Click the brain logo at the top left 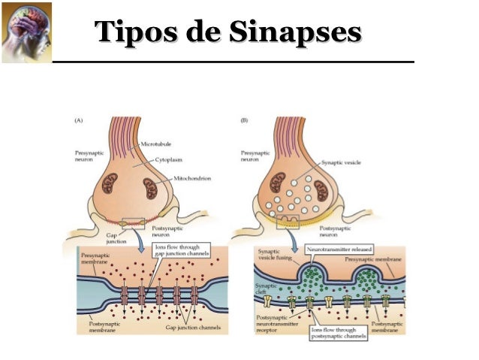(27, 31)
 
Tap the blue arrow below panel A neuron (143, 237)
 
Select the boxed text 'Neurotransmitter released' (340, 249)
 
